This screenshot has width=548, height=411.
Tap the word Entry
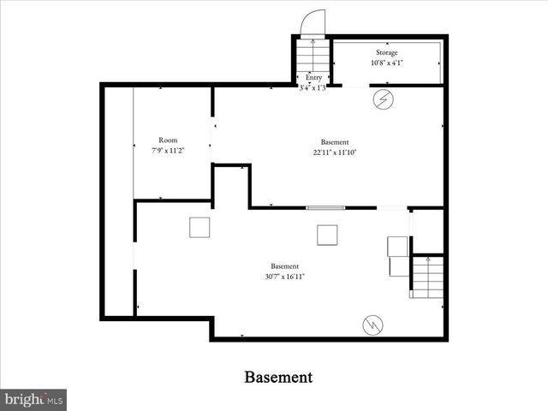pyautogui.click(x=313, y=78)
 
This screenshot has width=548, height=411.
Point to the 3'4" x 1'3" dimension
pyautogui.click(x=313, y=86)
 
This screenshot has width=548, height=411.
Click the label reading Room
pyautogui.click(x=168, y=140)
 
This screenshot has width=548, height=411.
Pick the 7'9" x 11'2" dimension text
pyautogui.click(x=168, y=150)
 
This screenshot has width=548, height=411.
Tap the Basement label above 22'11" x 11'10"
pyautogui.click(x=335, y=142)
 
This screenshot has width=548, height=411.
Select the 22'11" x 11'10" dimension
pyautogui.click(x=335, y=152)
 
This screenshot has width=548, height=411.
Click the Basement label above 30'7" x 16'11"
pyautogui.click(x=285, y=265)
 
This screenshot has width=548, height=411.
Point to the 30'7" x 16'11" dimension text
pyautogui.click(x=285, y=276)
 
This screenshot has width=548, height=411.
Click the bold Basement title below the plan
pyautogui.click(x=278, y=377)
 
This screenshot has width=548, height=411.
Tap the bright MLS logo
pyautogui.click(x=33, y=399)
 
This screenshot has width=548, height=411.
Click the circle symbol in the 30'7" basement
pyautogui.click(x=372, y=324)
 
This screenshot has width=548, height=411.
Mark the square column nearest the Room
pyautogui.click(x=200, y=227)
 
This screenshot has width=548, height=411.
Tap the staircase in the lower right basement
pyautogui.click(x=427, y=277)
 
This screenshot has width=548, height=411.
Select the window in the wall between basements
pyautogui.click(x=325, y=207)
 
